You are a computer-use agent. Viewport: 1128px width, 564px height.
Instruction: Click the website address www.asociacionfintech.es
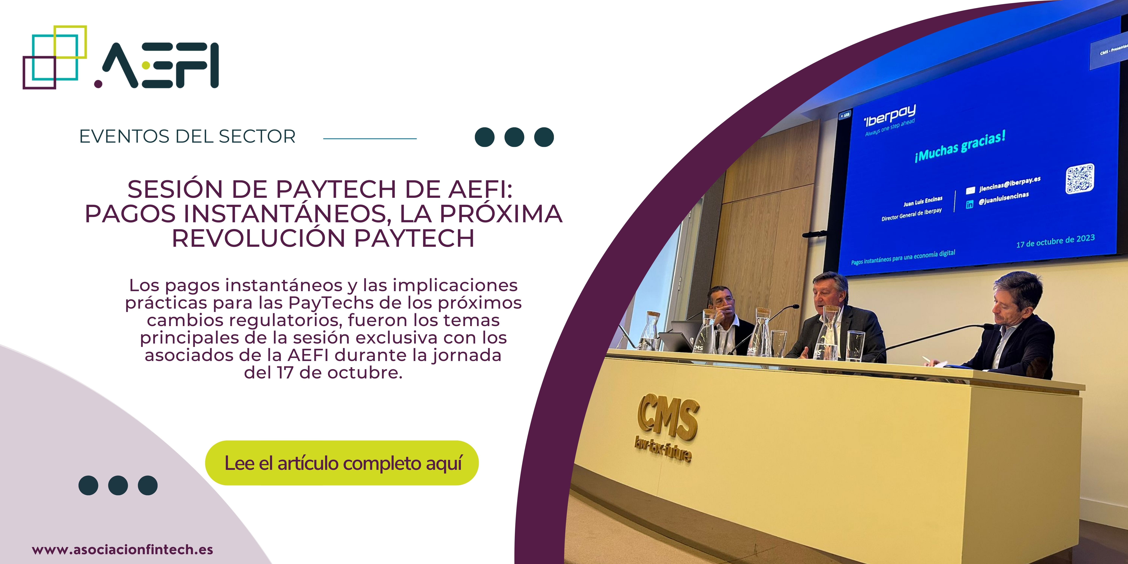point(123,549)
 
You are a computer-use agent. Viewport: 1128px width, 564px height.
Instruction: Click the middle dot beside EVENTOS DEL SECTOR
point(514,137)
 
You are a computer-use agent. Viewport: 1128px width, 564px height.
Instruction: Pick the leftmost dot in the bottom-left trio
point(88,485)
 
